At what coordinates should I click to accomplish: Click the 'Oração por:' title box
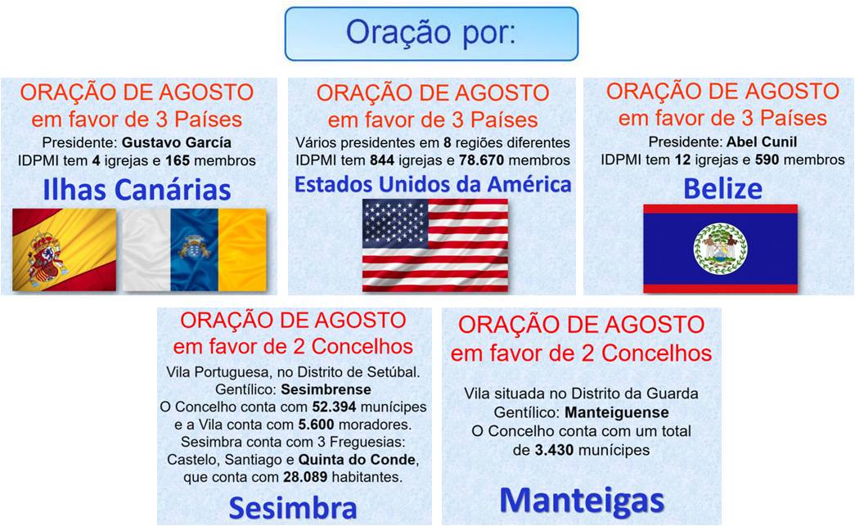click(431, 34)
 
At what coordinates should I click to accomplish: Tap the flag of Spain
click(65, 250)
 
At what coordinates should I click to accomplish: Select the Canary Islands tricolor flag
click(194, 250)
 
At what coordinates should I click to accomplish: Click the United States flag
click(435, 245)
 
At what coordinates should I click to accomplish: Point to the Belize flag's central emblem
click(720, 249)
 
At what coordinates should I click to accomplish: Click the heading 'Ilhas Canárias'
click(137, 190)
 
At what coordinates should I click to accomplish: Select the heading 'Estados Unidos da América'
click(433, 184)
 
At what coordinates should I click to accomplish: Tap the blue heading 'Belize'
click(722, 189)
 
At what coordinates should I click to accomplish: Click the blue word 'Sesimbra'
click(293, 508)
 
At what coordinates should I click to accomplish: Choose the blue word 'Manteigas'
click(582, 501)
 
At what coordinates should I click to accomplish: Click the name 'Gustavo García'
click(177, 143)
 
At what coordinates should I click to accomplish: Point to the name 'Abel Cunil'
click(762, 142)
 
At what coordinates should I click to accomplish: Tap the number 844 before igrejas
click(382, 160)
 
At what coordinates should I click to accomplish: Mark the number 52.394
click(335, 407)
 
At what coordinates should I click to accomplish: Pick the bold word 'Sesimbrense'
click(326, 389)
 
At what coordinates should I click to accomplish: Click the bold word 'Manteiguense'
click(617, 412)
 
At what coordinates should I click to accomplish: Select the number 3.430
click(554, 450)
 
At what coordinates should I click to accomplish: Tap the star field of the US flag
click(395, 222)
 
